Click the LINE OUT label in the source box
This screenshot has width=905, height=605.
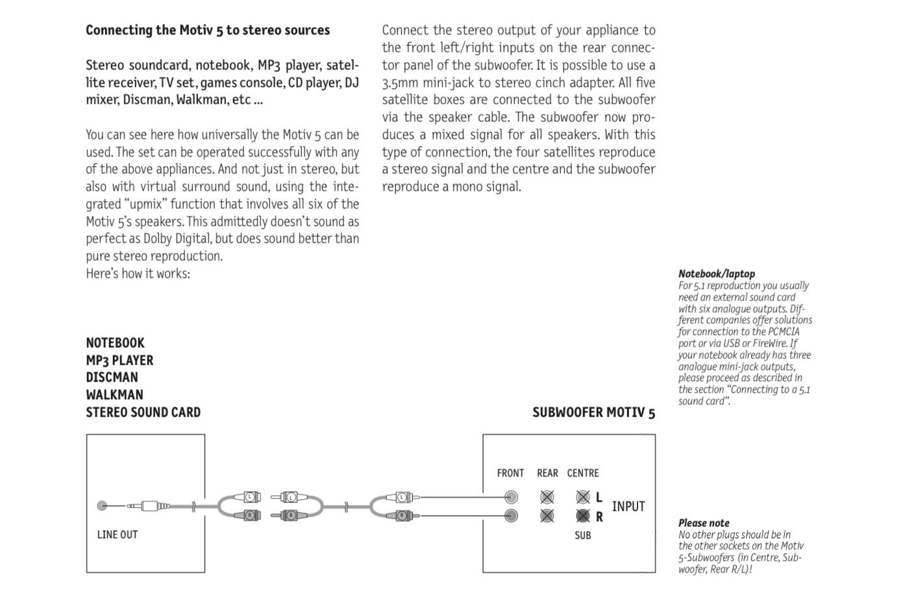pos(118,535)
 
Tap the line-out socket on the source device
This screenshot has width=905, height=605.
pos(102,506)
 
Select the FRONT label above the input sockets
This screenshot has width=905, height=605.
pos(510,473)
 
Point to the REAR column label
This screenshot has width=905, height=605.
pos(547,473)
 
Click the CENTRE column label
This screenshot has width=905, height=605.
pos(583,473)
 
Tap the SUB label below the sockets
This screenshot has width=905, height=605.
pos(583,536)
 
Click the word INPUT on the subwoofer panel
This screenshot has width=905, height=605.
pos(628,506)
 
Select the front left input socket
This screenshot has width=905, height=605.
pos(512,498)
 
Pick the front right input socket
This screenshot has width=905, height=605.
pos(512,516)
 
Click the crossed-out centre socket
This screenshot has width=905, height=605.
pos(583,498)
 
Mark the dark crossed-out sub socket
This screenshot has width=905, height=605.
pos(583,516)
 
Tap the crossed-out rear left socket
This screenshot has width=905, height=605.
pos(547,498)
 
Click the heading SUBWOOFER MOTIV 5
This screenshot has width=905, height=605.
pos(593,413)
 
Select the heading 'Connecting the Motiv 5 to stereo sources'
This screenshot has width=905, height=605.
pos(208,31)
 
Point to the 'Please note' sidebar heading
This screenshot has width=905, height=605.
pos(704,523)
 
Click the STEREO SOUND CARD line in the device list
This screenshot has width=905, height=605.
pos(143,412)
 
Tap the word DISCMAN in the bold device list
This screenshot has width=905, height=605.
pos(112,377)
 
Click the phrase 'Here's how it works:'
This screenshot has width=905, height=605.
pos(138,273)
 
